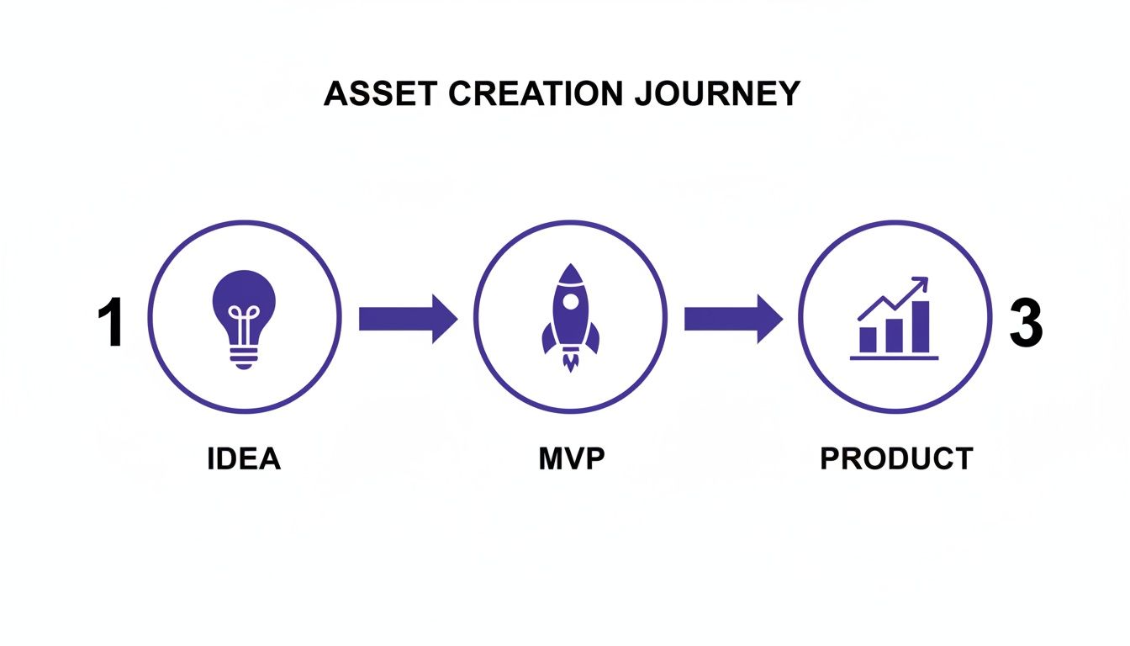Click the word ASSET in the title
(378, 94)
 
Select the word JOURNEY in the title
(717, 94)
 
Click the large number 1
(110, 324)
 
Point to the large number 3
(1025, 324)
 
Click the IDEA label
(244, 459)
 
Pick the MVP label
(572, 459)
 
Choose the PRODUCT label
(896, 459)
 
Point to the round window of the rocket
(570, 299)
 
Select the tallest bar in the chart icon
(921, 326)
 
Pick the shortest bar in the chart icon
(868, 339)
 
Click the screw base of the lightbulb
(244, 357)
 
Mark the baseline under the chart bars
(894, 358)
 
